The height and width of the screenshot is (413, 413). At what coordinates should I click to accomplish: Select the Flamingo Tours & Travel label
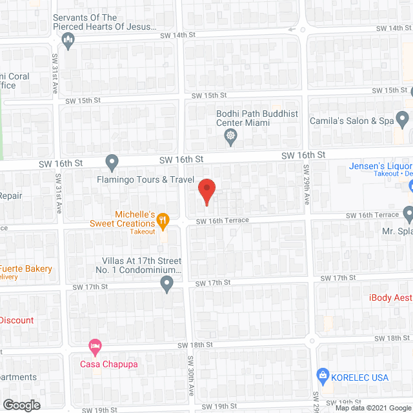[146, 179]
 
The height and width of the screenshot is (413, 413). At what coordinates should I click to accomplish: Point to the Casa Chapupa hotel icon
[96, 345]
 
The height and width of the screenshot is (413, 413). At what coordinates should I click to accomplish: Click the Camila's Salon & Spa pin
[402, 119]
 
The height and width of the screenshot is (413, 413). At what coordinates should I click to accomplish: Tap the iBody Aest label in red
[390, 297]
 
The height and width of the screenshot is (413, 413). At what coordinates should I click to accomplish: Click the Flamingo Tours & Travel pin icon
[112, 161]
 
